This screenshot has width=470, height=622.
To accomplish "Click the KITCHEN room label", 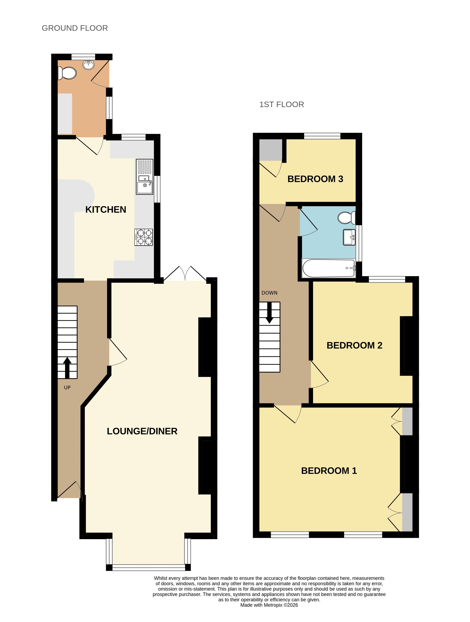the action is (x=105, y=210).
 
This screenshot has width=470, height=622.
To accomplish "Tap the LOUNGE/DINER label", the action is (x=142, y=431).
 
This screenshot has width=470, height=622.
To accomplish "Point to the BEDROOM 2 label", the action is (x=354, y=345).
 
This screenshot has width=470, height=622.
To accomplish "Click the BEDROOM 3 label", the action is (x=315, y=179).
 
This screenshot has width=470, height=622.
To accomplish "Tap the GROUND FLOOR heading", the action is (x=75, y=28).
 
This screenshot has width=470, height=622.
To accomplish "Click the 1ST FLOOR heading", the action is (x=281, y=104).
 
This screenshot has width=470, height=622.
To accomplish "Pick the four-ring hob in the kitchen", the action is (x=144, y=237).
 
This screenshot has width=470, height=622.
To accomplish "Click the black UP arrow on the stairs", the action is (x=67, y=368).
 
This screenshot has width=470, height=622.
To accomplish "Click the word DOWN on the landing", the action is (x=269, y=293).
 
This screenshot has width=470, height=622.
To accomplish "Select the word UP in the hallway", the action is (x=67, y=388).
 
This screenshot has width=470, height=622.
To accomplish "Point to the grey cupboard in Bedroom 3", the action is (x=270, y=150).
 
